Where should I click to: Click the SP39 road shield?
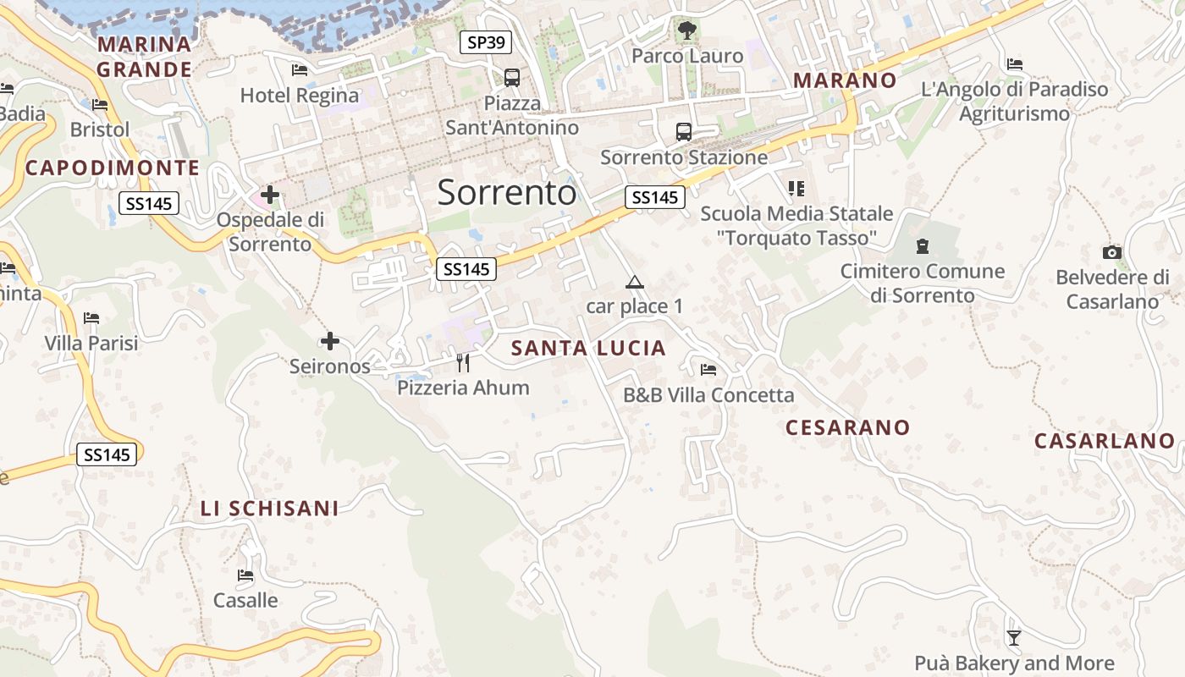pos(486,42)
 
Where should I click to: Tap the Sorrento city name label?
pos(507,193)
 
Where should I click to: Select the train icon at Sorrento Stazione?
pos(683,132)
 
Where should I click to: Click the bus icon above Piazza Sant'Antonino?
pos(511,78)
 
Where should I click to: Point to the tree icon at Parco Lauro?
pos(686,31)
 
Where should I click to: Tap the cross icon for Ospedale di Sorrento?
pos(270,195)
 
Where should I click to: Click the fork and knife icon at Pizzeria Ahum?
pos(463,363)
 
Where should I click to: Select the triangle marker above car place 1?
pos(634,282)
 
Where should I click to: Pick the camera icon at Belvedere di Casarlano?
pos(1112,252)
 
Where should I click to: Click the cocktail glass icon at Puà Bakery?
pos(1013,637)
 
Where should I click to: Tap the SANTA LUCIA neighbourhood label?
pos(588,348)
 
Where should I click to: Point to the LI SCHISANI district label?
pos(269,508)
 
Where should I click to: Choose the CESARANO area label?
pos(847,427)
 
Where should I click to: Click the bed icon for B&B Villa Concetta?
pos(708,370)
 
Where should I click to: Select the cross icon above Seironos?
pos(330,341)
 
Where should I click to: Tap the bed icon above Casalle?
pos(245,575)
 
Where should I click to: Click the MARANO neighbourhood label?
pos(844,80)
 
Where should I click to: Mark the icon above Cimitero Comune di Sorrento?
pos(922,246)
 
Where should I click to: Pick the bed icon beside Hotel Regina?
pos(299,70)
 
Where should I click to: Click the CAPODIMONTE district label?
pos(113,168)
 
